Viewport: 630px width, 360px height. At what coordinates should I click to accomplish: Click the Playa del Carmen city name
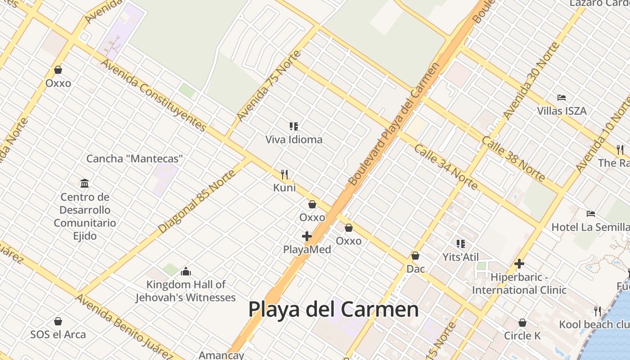point(333,310)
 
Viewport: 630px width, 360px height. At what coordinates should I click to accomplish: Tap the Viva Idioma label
point(294,139)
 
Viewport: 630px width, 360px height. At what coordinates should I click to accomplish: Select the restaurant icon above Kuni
point(284,174)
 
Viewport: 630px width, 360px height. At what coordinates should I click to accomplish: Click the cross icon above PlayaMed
point(307,236)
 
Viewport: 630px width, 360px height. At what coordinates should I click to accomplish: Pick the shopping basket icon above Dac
point(415,256)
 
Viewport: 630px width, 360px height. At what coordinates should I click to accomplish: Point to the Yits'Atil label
point(460,257)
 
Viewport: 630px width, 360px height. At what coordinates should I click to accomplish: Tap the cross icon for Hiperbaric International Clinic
point(519,264)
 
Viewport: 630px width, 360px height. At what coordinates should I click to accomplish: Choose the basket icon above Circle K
point(522,323)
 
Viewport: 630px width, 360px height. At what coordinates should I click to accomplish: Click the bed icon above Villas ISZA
point(562,97)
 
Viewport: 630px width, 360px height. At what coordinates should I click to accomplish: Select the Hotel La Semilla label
point(590,227)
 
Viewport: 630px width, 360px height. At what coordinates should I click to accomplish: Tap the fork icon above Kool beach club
point(598,310)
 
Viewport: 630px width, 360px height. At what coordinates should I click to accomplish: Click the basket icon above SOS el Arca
point(58,321)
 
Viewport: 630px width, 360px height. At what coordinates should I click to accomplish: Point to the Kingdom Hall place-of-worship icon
point(186,271)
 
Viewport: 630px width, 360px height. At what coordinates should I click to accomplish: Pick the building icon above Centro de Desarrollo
point(85,183)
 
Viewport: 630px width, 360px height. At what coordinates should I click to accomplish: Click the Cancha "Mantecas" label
point(135,159)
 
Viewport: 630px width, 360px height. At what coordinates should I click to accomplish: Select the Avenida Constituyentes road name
point(153,95)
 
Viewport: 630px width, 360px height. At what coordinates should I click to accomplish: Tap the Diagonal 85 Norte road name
point(197,201)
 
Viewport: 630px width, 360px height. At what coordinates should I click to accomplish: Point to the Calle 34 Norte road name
point(445,167)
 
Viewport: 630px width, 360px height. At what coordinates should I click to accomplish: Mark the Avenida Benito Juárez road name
point(124,327)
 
